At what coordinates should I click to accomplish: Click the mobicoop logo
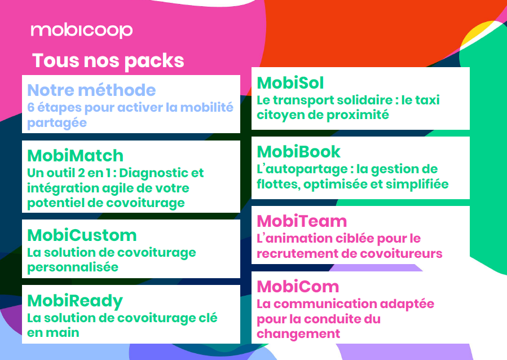click(x=81, y=31)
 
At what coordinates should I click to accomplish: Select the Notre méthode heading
click(x=91, y=90)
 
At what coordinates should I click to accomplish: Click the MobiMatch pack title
click(x=76, y=156)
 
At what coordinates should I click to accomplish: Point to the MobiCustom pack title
click(x=82, y=235)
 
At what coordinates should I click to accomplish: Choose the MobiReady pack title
click(x=75, y=301)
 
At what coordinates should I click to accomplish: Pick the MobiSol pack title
click(x=290, y=83)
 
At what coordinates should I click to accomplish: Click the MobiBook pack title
click(x=298, y=152)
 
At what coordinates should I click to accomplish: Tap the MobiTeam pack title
click(x=302, y=221)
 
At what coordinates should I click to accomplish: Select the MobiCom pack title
click(x=298, y=287)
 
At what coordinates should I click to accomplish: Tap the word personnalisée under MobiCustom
click(x=73, y=267)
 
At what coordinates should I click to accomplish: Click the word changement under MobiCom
click(x=298, y=334)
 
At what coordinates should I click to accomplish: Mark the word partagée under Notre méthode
click(x=57, y=123)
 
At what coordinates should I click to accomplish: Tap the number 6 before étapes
click(x=30, y=107)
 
